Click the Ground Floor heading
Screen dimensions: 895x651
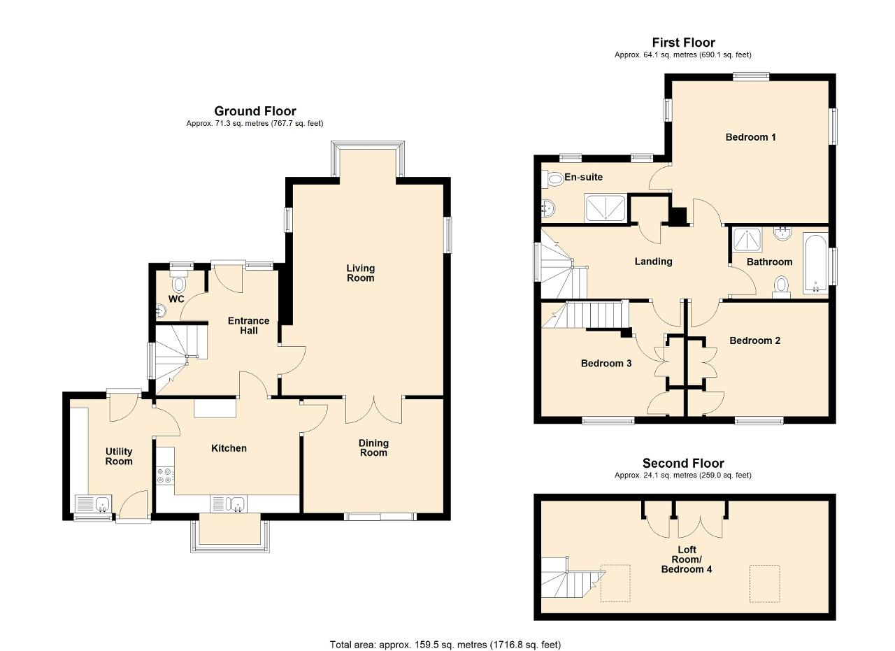(255, 110)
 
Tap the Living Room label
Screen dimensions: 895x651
(360, 273)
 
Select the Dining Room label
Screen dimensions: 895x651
(373, 448)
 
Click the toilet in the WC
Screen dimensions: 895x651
(179, 282)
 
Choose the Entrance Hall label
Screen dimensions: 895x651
(248, 326)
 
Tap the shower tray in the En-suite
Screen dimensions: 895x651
(606, 208)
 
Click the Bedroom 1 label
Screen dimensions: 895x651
(750, 137)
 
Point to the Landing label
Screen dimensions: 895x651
(653, 262)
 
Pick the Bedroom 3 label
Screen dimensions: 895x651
(606, 364)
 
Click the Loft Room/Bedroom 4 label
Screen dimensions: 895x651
(687, 559)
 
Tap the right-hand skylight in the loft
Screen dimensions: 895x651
(764, 583)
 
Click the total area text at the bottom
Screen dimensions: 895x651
(445, 634)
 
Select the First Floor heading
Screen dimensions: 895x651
(683, 43)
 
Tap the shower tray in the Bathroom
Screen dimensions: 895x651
(747, 239)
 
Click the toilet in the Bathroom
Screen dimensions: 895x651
(781, 287)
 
